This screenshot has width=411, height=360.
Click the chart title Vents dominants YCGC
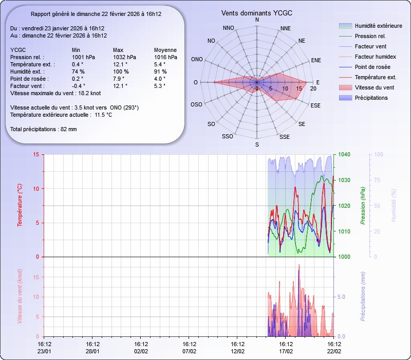tap(257, 13)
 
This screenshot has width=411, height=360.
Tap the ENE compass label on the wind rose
tap(316, 60)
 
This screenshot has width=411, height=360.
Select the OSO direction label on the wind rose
tap(196, 104)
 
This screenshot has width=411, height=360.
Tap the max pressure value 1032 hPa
tap(124, 57)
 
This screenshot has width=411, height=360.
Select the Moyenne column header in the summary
tap(165, 50)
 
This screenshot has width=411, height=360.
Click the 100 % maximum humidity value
tap(121, 71)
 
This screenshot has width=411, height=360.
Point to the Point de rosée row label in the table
tap(29, 79)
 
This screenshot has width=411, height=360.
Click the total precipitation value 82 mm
tap(68, 129)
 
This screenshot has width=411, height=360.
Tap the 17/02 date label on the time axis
tap(286, 351)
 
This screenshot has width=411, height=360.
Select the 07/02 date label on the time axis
tap(190, 351)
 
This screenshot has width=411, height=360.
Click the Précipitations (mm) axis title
tap(363, 297)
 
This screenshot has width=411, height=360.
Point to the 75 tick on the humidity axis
tap(378, 180)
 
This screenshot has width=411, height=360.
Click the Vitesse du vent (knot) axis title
tap(20, 297)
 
